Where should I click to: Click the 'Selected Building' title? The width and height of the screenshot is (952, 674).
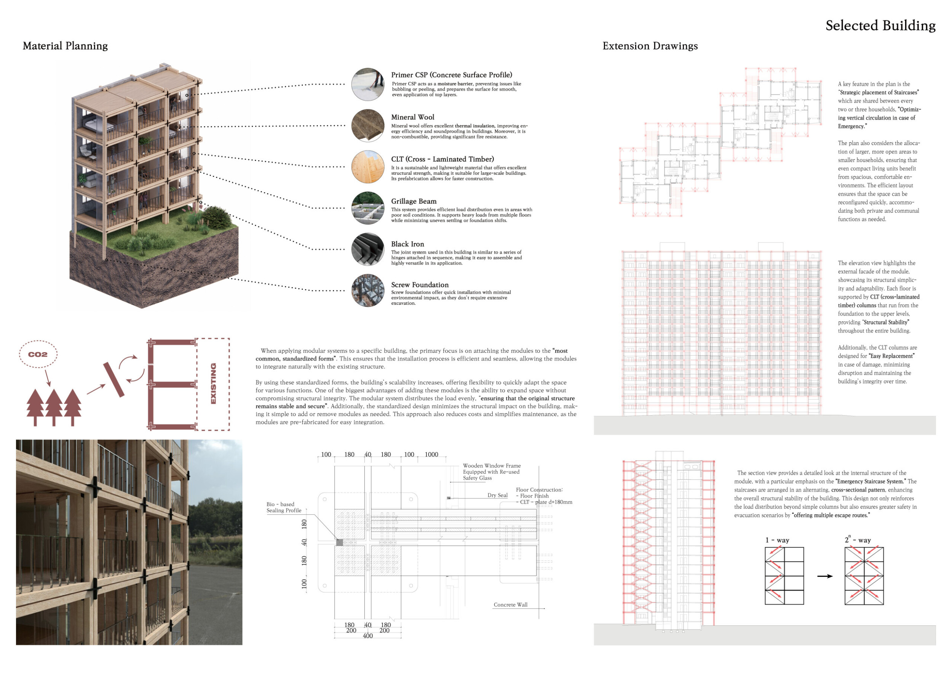click(x=880, y=26)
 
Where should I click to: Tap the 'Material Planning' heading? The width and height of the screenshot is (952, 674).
click(x=65, y=46)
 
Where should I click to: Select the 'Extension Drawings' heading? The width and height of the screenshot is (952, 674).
click(x=650, y=46)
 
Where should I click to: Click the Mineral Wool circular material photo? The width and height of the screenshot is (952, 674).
click(x=368, y=126)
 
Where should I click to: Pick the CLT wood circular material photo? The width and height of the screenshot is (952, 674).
click(x=368, y=167)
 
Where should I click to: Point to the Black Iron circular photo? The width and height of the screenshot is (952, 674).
click(x=368, y=249)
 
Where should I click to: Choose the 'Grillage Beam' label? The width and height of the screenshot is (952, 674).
click(x=414, y=201)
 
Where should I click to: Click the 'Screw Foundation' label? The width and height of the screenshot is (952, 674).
click(x=420, y=285)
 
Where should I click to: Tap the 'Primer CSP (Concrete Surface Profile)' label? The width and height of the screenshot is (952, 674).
click(x=452, y=75)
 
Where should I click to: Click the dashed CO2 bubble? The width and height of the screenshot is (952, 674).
click(x=38, y=354)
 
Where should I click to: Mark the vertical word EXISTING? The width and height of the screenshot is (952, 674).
click(x=214, y=384)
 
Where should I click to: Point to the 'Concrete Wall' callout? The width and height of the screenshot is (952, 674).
click(x=510, y=605)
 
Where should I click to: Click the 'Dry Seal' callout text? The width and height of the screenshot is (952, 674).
click(x=497, y=495)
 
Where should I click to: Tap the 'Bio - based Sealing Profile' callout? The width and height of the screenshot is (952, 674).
click(x=284, y=507)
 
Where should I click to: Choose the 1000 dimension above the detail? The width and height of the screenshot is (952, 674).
click(x=431, y=454)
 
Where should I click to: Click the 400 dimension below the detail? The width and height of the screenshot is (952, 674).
click(x=368, y=636)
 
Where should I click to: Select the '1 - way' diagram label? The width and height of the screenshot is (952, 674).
click(x=777, y=540)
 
